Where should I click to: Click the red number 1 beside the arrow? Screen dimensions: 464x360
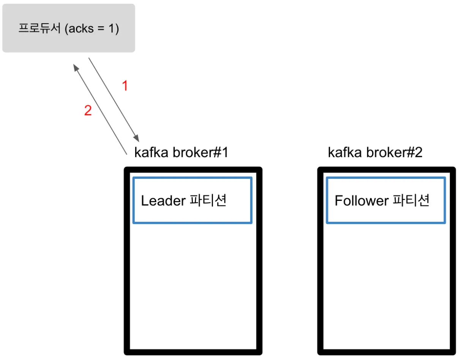(x=125, y=85)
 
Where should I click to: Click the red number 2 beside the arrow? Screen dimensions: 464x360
(x=88, y=111)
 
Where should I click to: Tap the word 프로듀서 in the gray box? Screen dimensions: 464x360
(x=39, y=28)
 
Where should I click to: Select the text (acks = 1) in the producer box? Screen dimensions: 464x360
(x=92, y=28)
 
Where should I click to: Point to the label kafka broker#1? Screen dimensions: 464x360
(x=181, y=152)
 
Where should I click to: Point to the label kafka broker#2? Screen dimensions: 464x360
(x=375, y=152)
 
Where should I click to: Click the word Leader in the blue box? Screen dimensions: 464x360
(x=163, y=201)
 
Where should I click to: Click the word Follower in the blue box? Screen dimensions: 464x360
(x=361, y=201)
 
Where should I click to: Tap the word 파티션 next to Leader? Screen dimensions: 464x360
(x=208, y=200)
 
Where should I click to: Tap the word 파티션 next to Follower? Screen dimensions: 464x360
(x=411, y=200)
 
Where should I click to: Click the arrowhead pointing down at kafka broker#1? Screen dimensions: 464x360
(x=136, y=138)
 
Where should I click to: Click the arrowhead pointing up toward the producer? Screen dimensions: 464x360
(x=76, y=68)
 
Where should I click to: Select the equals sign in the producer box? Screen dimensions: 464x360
(x=101, y=28)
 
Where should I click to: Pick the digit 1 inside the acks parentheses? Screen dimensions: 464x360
(x=111, y=28)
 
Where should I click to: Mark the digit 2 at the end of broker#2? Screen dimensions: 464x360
(x=419, y=152)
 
